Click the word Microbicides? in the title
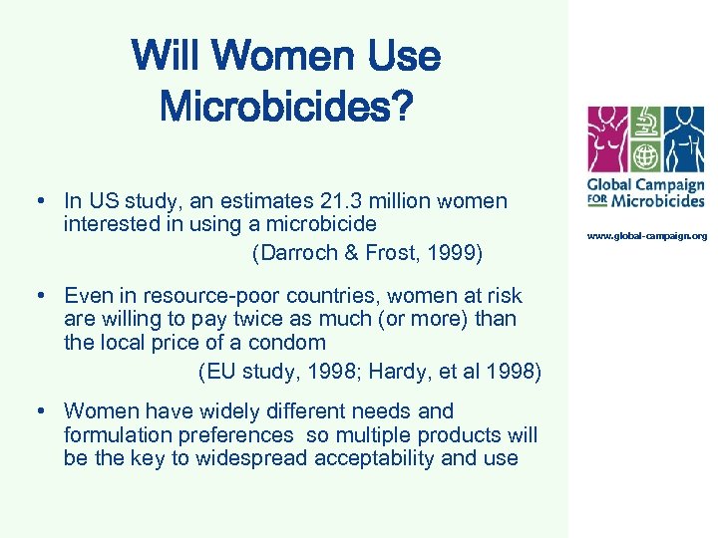(285, 104)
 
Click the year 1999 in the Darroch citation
(454, 253)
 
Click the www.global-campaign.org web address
(646, 236)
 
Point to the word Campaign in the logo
(673, 184)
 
